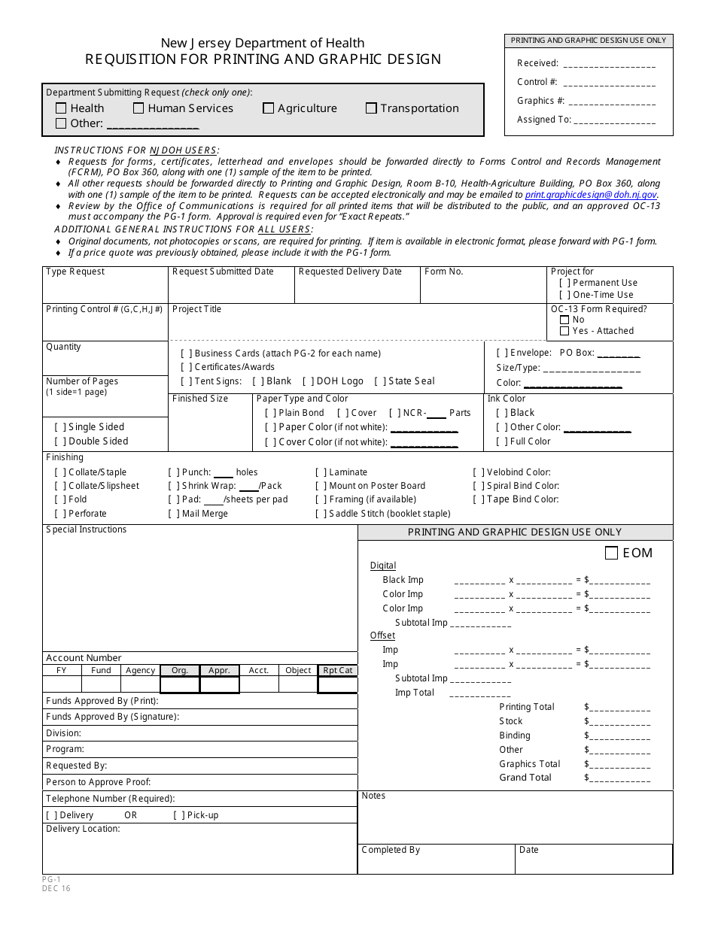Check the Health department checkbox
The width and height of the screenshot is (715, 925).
tap(61, 108)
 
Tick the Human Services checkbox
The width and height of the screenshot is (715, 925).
tap(138, 108)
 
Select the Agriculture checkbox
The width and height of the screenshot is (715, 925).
tap(268, 108)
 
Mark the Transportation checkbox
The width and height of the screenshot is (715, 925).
tap(371, 108)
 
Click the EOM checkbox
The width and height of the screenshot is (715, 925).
tap(612, 553)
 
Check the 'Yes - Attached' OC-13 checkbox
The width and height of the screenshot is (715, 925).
tap(564, 331)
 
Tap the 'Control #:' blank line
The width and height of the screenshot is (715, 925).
tap(609, 83)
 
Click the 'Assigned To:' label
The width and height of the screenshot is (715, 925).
tap(543, 120)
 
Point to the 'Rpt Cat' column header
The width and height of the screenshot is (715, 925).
tap(337, 670)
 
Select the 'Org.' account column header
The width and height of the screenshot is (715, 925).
tap(180, 670)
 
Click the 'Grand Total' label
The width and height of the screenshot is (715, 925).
tap(525, 778)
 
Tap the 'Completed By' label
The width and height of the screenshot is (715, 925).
tap(391, 850)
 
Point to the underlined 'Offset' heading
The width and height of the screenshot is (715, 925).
tap(382, 635)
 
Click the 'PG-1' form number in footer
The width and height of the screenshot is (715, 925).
tap(51, 879)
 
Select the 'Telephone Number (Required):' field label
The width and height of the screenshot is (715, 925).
tap(110, 799)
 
